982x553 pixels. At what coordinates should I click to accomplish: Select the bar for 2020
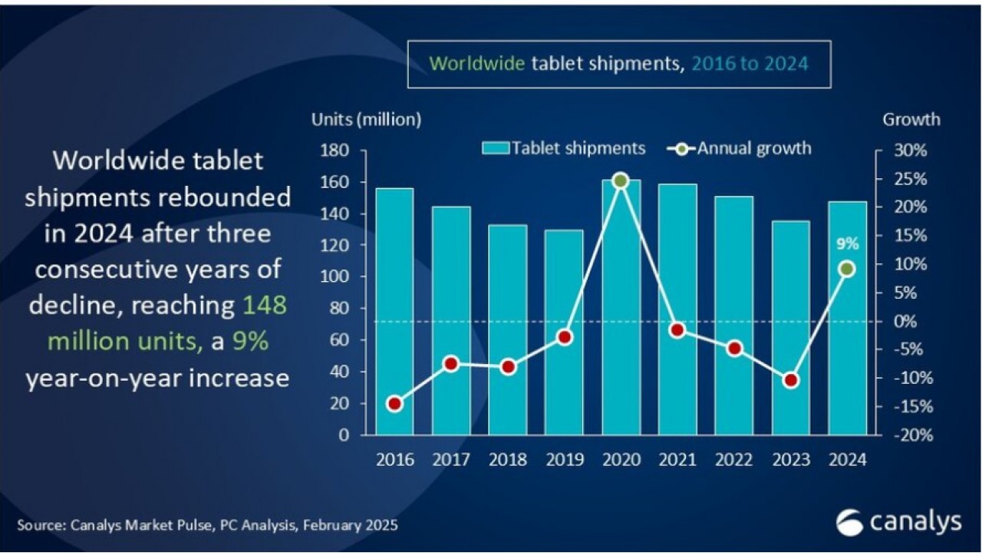tap(621, 307)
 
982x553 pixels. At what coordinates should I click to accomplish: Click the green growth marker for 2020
tap(621, 181)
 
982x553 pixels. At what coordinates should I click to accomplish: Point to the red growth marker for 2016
tap(394, 404)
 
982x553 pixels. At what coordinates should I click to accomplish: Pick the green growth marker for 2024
tap(847, 269)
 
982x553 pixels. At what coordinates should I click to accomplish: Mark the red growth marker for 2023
tap(791, 380)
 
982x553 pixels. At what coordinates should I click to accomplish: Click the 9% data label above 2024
tap(847, 244)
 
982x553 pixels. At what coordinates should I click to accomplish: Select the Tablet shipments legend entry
tap(563, 147)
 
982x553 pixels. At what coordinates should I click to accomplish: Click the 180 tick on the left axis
tap(337, 151)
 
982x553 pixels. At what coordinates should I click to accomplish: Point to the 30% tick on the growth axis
tap(911, 151)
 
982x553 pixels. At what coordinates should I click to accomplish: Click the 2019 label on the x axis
tap(564, 460)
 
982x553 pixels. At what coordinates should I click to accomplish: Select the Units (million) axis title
tap(366, 120)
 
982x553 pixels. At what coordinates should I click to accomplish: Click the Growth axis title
tap(911, 120)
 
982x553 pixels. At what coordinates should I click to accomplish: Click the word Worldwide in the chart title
tap(476, 63)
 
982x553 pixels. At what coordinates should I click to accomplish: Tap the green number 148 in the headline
tap(265, 306)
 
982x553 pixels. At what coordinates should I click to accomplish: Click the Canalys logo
tap(898, 522)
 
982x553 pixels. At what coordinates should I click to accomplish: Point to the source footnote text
tap(207, 526)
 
